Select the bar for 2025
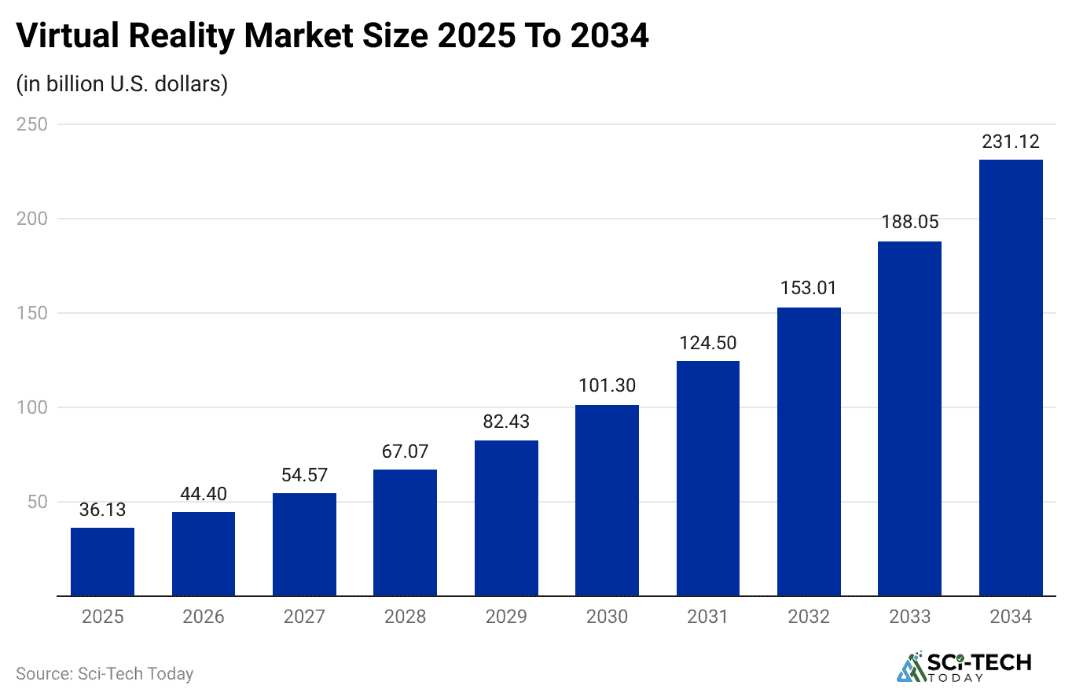pos(102,562)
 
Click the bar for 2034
pos(1011,378)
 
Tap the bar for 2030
pos(607,500)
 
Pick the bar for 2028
pos(405,532)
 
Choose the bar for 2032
pos(809,451)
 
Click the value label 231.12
pos(1011,142)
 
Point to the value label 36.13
pos(102,510)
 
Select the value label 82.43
pos(506,422)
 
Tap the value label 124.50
pos(707,343)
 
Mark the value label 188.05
pos(909,223)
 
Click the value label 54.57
pos(304,475)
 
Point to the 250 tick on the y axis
pos(32,124)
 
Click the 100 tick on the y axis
pos(32,407)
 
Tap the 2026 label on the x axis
pos(204,617)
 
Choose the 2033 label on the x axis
pos(909,617)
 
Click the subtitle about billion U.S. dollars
pos(122,83)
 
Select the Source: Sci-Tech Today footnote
pos(105,674)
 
